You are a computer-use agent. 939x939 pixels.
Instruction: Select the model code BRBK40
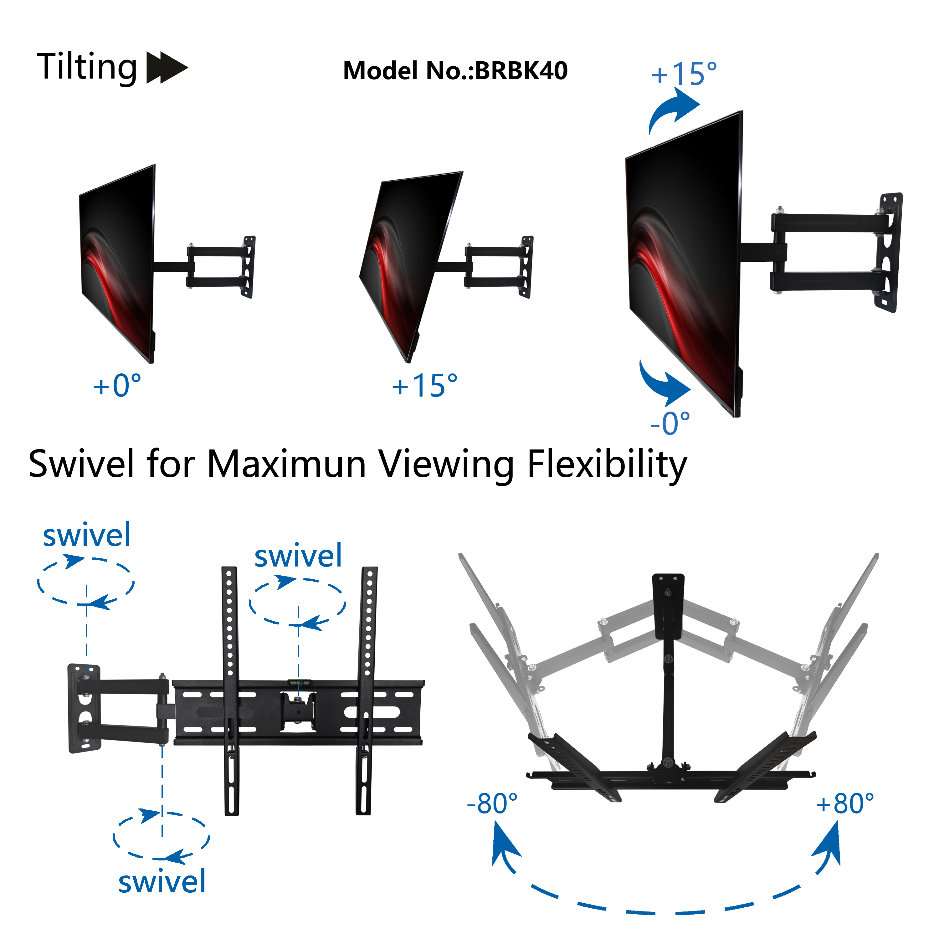pos(521,71)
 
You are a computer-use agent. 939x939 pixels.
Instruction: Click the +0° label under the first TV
pos(117,386)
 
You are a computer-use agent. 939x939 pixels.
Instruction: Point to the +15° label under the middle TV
pos(425,386)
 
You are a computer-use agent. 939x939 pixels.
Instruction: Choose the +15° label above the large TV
pos(684,74)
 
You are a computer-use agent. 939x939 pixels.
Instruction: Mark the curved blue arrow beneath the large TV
pos(664,384)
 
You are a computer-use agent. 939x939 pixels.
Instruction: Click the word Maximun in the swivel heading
pos(287,464)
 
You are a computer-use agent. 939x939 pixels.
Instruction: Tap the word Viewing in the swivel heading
pos(446,464)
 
